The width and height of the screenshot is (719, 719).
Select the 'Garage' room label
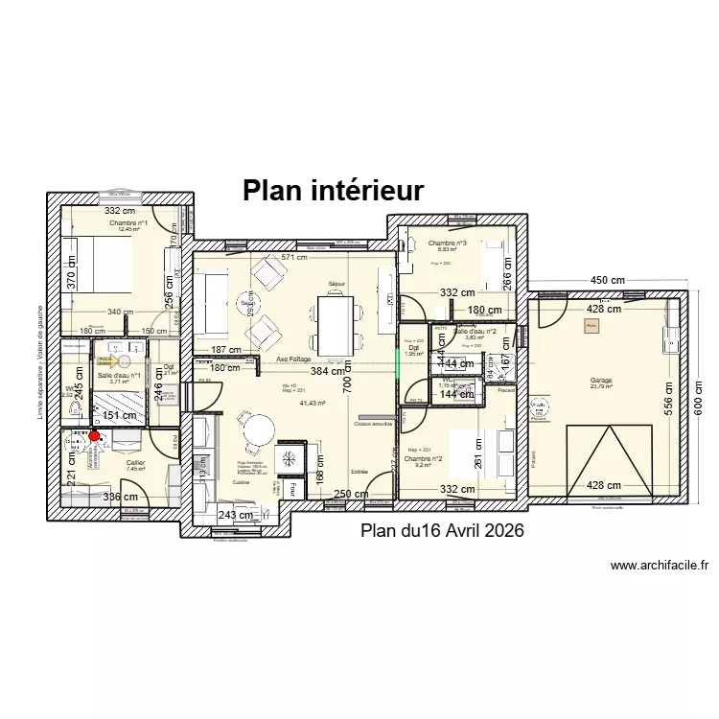coord(601,381)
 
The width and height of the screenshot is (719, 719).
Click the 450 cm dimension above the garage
coord(607,280)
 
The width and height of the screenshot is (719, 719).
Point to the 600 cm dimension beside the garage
coord(698,407)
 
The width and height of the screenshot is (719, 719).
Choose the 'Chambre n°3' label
coord(447,244)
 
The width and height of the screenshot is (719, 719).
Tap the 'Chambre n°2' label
coord(424,459)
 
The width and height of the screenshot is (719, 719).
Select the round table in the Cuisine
coord(256,429)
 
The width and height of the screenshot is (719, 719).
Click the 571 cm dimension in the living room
coord(293,257)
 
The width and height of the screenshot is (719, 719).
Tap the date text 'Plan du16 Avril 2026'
coord(441,531)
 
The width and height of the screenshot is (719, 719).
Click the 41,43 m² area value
coord(313,404)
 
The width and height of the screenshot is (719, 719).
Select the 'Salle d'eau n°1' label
coord(119,376)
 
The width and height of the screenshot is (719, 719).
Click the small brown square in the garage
coord(591,327)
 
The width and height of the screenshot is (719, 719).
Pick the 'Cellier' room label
coord(135,463)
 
